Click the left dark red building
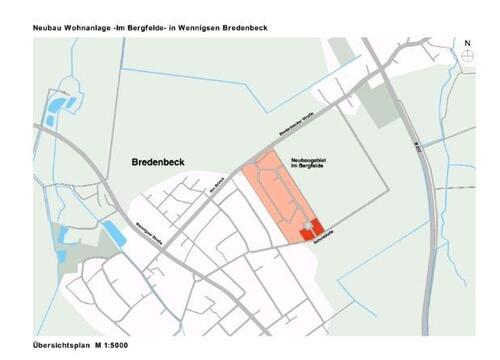(306, 233)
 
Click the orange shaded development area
(280, 195)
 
